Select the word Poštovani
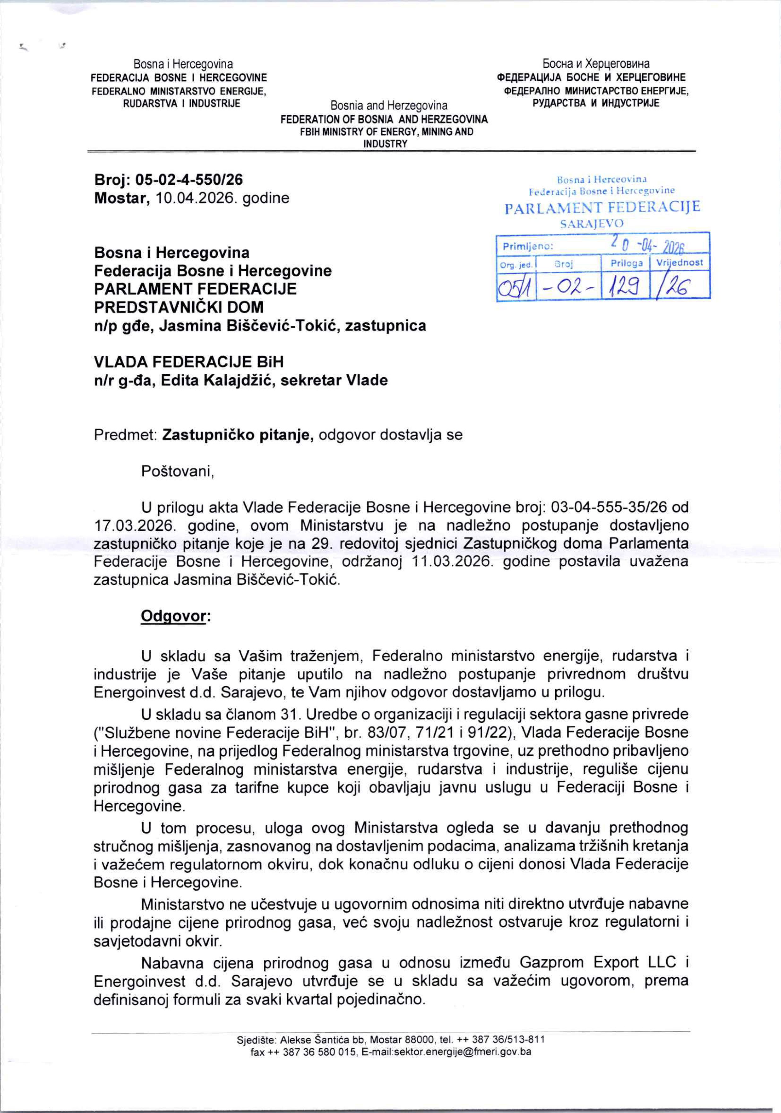[x=177, y=471]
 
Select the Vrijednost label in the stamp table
[x=679, y=262]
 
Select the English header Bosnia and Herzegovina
[x=389, y=105]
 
